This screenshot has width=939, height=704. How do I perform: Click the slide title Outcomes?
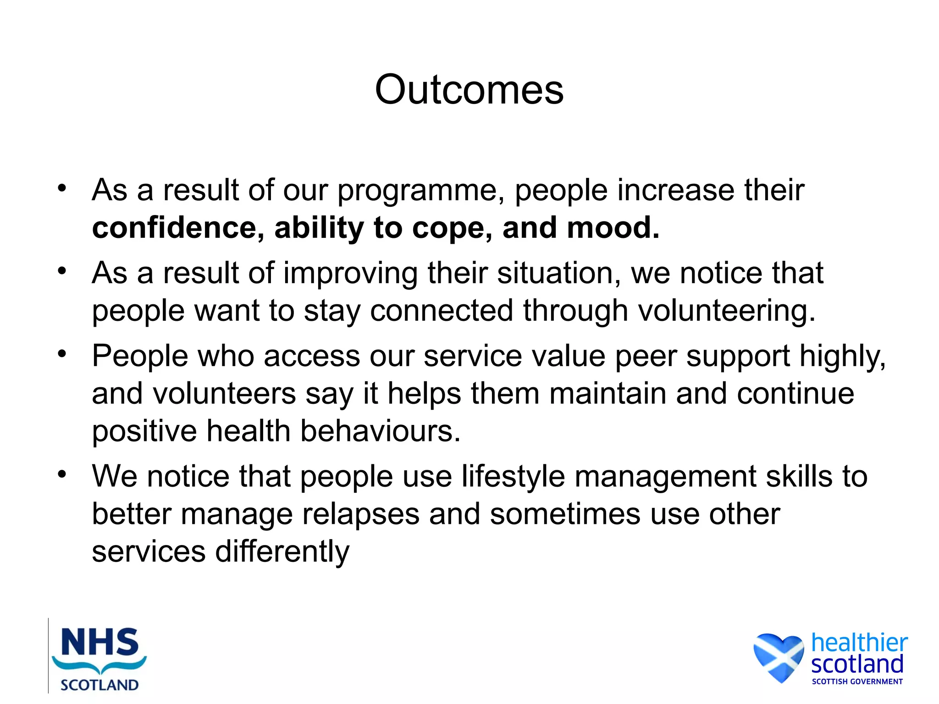tap(469, 90)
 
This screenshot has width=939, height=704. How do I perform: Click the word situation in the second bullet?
tap(559, 274)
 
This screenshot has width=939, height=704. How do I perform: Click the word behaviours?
tap(380, 432)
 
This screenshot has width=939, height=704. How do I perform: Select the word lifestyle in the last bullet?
tap(513, 477)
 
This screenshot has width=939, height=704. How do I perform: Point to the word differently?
tap(282, 552)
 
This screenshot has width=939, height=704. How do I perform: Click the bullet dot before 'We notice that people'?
tap(62, 474)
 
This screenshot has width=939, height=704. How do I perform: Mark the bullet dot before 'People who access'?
tap(62, 354)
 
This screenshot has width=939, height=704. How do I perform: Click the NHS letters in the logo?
tap(99, 642)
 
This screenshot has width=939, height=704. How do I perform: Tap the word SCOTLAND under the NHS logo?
tap(99, 685)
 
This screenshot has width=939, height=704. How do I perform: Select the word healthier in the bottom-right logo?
tap(859, 643)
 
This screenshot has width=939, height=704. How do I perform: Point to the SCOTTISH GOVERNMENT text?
tap(857, 682)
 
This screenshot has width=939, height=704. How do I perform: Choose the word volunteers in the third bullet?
tap(224, 394)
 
